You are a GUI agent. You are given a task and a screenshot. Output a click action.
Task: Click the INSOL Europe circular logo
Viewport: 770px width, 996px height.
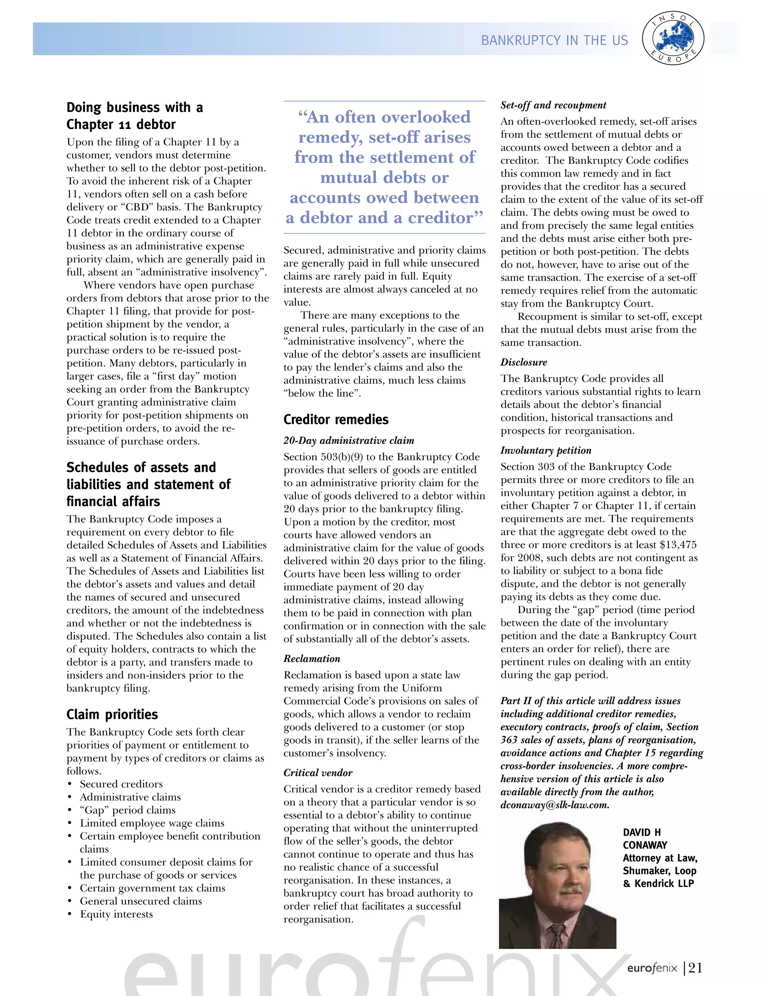click(673, 39)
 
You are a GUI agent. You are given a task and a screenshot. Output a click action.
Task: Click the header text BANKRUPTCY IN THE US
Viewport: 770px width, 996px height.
click(554, 41)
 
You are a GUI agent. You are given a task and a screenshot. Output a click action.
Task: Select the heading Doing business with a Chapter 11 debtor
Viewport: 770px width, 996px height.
click(135, 116)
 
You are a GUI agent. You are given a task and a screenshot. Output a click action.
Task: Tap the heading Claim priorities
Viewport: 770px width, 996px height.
click(112, 714)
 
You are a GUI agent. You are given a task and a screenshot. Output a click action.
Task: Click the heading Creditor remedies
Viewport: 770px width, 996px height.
click(336, 419)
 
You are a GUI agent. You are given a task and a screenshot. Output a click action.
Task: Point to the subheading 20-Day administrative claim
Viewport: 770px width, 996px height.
click(349, 440)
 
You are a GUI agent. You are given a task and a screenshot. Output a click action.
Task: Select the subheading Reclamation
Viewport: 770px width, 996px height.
click(312, 658)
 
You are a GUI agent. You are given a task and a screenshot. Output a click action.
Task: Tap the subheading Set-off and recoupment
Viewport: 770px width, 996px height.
click(553, 105)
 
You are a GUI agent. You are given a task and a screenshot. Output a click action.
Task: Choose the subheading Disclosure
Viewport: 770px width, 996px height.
click(523, 362)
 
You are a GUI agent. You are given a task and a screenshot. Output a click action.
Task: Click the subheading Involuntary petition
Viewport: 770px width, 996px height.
click(546, 450)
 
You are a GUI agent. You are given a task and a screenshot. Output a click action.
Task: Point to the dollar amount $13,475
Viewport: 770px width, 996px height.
click(678, 545)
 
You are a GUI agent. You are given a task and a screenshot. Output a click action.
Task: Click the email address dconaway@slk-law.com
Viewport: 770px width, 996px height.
click(555, 805)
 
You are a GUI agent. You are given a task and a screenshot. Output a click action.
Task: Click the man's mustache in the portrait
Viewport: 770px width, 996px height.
click(571, 891)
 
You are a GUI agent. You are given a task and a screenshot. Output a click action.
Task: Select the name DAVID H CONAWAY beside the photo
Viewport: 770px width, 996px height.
click(644, 839)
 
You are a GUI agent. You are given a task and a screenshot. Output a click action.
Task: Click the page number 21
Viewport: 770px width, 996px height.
click(695, 981)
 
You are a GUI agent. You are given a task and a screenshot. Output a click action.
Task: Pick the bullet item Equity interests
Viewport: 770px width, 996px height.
click(116, 914)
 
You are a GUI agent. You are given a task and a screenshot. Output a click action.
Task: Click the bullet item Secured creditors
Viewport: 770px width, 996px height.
click(121, 784)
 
